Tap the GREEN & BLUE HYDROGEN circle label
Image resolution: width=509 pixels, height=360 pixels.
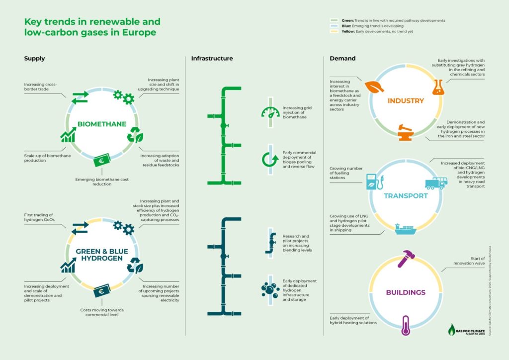pyautogui.click(x=102, y=255)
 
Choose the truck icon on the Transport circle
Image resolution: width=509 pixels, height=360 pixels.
pyautogui.click(x=435, y=183)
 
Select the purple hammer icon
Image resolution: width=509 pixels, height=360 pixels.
pyautogui.click(x=406, y=258)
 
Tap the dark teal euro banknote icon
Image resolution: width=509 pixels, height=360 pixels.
pyautogui.click(x=102, y=291)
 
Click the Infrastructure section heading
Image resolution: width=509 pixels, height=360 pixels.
pyautogui.click(x=212, y=59)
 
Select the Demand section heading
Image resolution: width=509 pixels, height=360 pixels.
pyautogui.click(x=342, y=59)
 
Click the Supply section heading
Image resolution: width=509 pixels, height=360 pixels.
pyautogui.click(x=35, y=59)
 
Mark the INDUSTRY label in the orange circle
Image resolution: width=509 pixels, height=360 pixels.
pyautogui.click(x=406, y=101)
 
